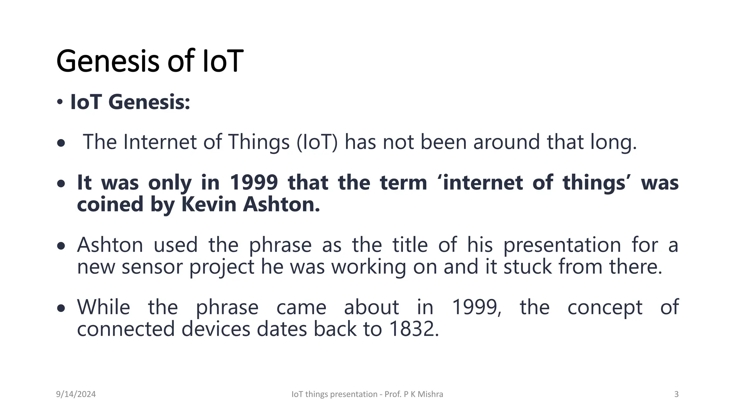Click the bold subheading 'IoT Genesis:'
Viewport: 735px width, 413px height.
(130, 102)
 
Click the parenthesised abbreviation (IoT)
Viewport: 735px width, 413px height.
(317, 142)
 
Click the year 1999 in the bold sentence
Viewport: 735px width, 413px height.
(254, 182)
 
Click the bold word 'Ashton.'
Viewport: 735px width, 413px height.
(281, 204)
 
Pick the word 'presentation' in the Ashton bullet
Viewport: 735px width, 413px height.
(562, 246)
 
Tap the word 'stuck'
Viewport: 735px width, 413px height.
(528, 267)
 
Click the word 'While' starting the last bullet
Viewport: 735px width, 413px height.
(104, 308)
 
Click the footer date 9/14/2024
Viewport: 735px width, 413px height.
(76, 394)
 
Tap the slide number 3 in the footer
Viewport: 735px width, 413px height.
(676, 394)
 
